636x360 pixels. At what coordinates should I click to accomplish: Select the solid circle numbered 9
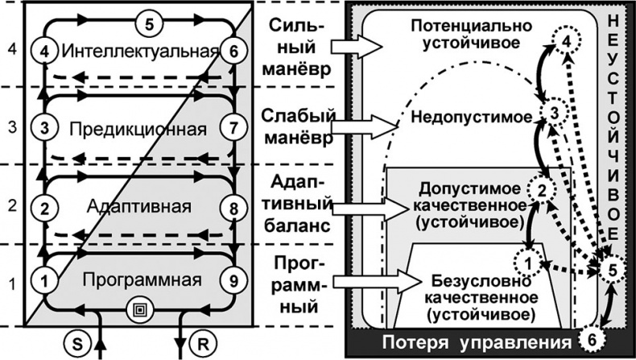click(233, 280)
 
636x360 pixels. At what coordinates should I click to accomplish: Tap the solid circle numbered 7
click(233, 128)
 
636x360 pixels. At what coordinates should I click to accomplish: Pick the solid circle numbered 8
click(233, 208)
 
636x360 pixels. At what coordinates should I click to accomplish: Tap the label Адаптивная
click(138, 207)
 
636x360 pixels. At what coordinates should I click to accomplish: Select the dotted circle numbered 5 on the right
click(612, 270)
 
